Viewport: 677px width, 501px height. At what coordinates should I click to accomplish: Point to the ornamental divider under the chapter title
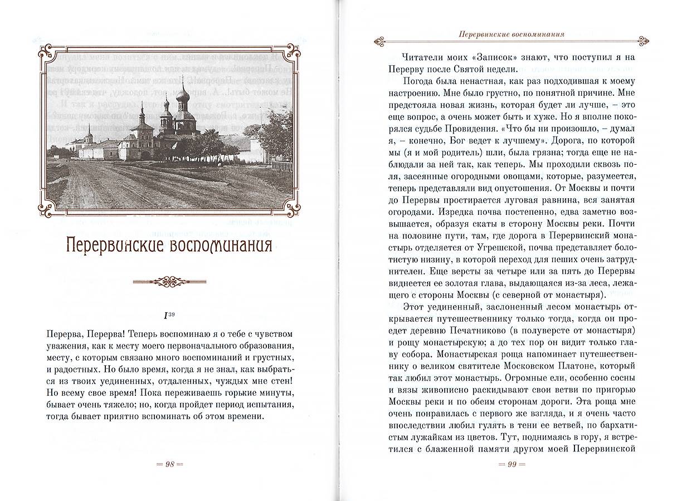(x=167, y=282)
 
